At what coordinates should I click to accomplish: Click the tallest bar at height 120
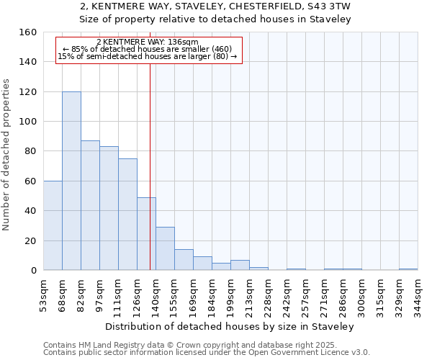coord(71,181)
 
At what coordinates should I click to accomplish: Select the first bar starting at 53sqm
coord(53,225)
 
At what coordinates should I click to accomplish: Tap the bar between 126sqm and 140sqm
coord(146,233)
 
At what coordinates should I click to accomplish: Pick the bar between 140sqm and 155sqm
coord(165,248)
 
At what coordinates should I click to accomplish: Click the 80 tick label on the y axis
coord(31,151)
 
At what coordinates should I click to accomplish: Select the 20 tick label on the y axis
coord(31,240)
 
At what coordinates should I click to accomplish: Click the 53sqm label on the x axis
coord(44,294)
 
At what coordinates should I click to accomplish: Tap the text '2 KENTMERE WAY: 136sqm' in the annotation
coord(148,42)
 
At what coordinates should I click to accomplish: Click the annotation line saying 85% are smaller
coord(148,49)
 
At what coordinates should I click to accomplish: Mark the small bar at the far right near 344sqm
coord(408,269)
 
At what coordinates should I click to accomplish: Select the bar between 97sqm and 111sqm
coord(109,208)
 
